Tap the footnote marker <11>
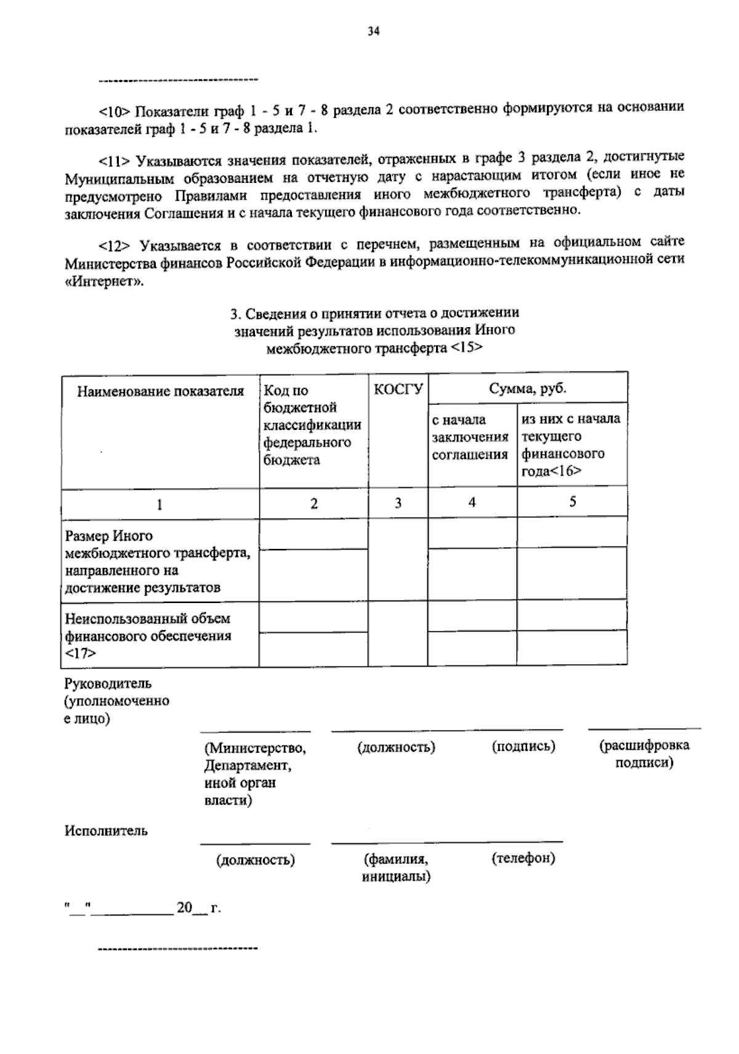115,161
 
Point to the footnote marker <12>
115,246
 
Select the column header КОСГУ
398,390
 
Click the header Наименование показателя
160,391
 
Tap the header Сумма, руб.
528,389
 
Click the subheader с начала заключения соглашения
470,437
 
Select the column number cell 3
398,503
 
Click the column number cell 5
572,501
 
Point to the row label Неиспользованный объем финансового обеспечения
148,635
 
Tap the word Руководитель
108,684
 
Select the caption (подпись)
523,747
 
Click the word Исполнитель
107,830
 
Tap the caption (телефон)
523,857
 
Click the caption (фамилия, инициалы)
396,867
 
